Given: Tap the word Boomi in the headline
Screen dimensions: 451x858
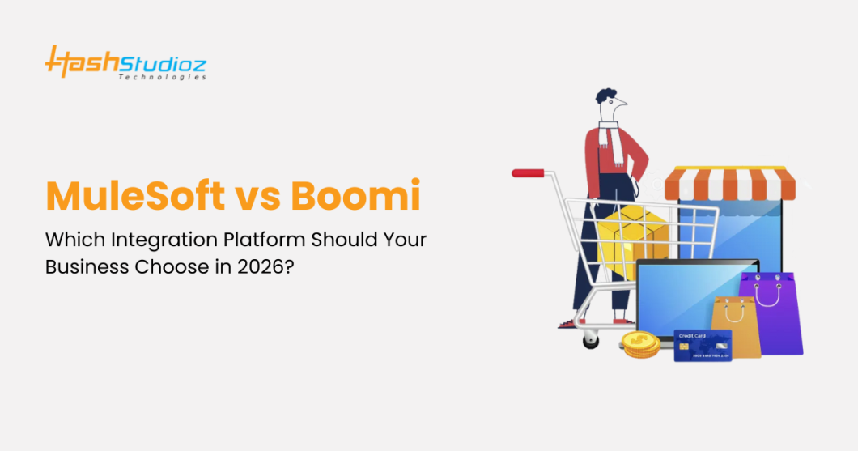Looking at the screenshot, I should coord(362,197).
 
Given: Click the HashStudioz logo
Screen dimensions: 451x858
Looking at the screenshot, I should coord(125,62).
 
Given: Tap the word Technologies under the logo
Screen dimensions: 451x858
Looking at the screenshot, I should coord(162,77).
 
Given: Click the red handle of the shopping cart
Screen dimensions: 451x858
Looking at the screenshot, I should coord(529,172).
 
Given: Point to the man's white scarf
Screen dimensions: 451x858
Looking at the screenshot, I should coord(614,142).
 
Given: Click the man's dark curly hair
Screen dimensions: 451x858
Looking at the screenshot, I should coord(606,96).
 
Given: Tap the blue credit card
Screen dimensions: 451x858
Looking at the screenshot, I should coord(702,345).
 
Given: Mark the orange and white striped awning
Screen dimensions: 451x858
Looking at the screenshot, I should coord(724,183).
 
